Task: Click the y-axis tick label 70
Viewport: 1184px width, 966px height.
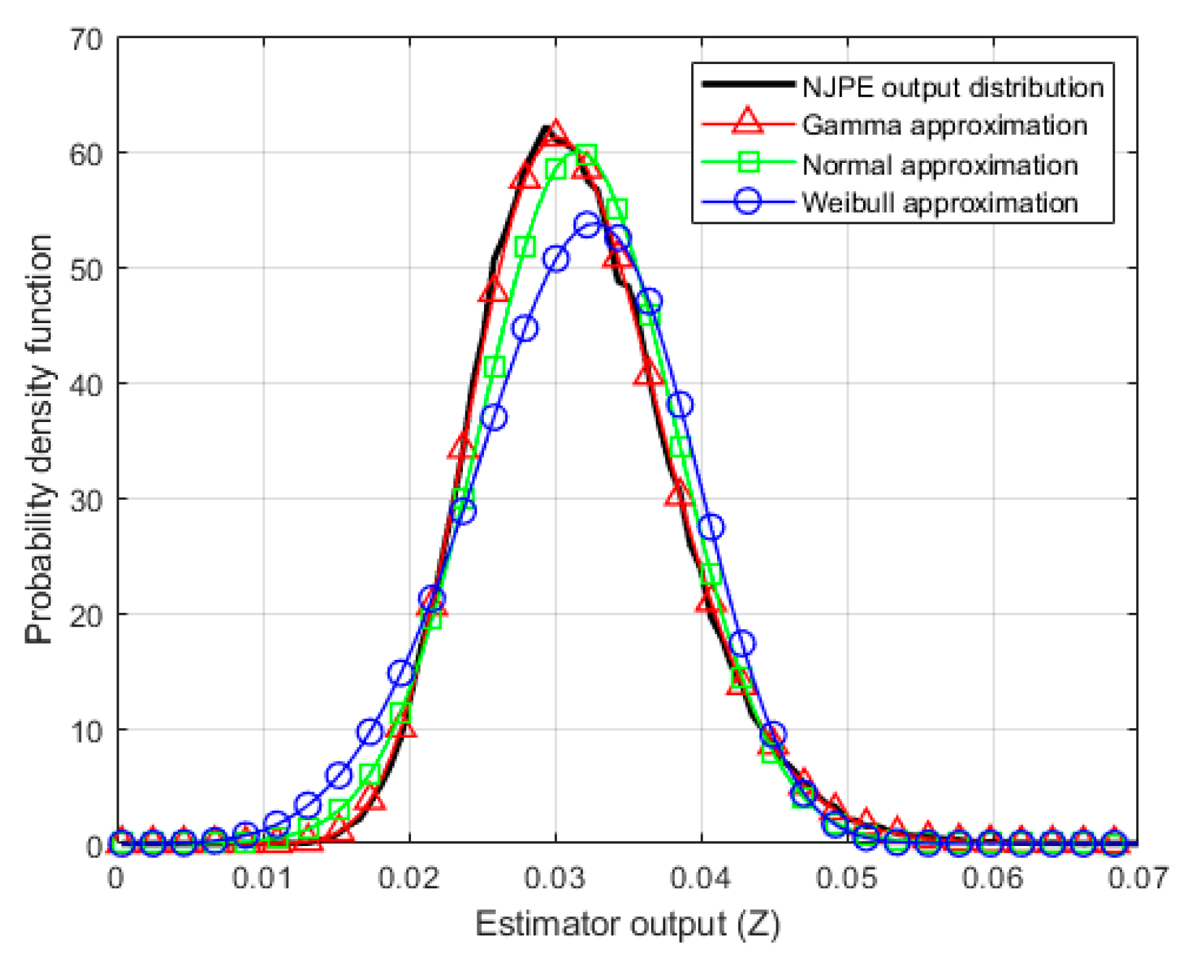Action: [86, 40]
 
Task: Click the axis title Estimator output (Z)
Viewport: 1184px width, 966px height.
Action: [627, 925]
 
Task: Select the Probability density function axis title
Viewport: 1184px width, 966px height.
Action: [39, 440]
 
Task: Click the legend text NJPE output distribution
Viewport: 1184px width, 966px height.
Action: [953, 88]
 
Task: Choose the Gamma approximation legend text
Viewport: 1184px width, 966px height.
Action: [944, 125]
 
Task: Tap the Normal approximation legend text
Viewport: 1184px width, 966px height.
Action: [940, 165]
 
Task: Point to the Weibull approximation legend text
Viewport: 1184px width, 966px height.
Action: [940, 203]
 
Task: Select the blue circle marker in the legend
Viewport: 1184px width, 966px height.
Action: [748, 202]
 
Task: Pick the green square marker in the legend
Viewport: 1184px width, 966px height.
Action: [748, 163]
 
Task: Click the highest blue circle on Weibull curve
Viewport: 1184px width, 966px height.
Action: [587, 224]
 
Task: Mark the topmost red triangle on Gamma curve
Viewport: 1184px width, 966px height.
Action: [556, 132]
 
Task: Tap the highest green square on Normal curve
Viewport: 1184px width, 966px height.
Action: [586, 156]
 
